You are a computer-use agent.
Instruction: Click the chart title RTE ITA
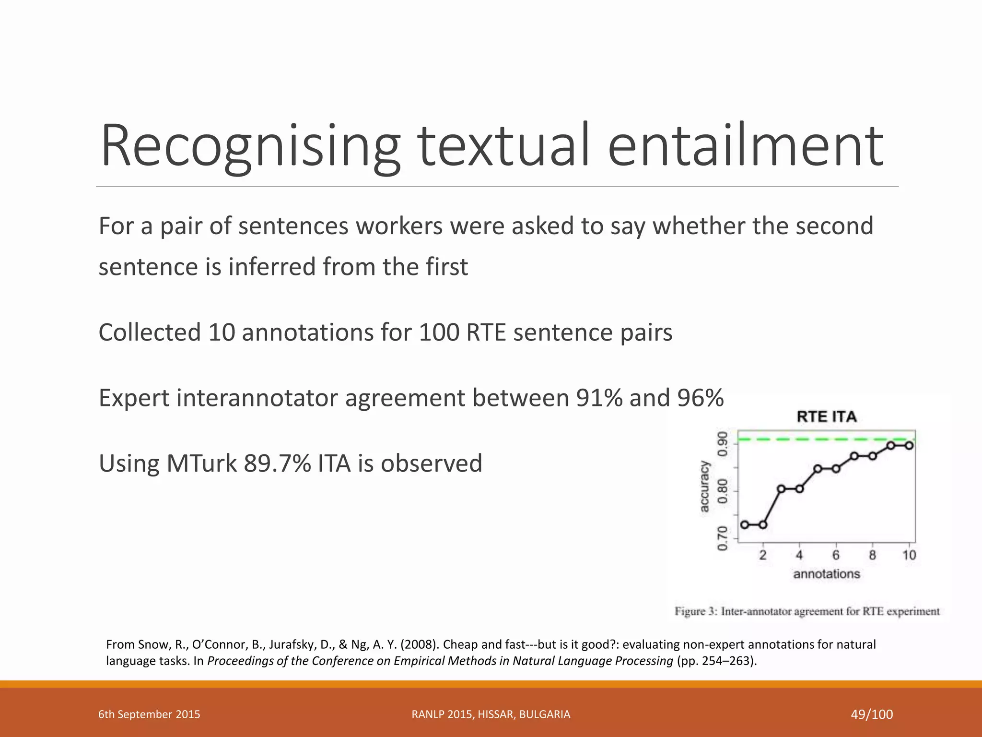(x=826, y=416)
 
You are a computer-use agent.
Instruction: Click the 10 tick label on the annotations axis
(x=909, y=555)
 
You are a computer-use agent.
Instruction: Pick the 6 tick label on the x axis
(x=836, y=555)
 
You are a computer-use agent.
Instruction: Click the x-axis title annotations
(x=826, y=574)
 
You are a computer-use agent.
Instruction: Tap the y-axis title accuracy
(x=704, y=486)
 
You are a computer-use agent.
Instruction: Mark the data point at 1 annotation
(x=745, y=524)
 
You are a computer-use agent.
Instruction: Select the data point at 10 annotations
(x=909, y=445)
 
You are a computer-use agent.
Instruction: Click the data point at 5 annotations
(x=818, y=469)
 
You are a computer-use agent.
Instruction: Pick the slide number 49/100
(x=872, y=714)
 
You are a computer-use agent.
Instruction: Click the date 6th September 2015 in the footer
(x=149, y=714)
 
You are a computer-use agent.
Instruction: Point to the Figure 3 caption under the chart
(x=807, y=611)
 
